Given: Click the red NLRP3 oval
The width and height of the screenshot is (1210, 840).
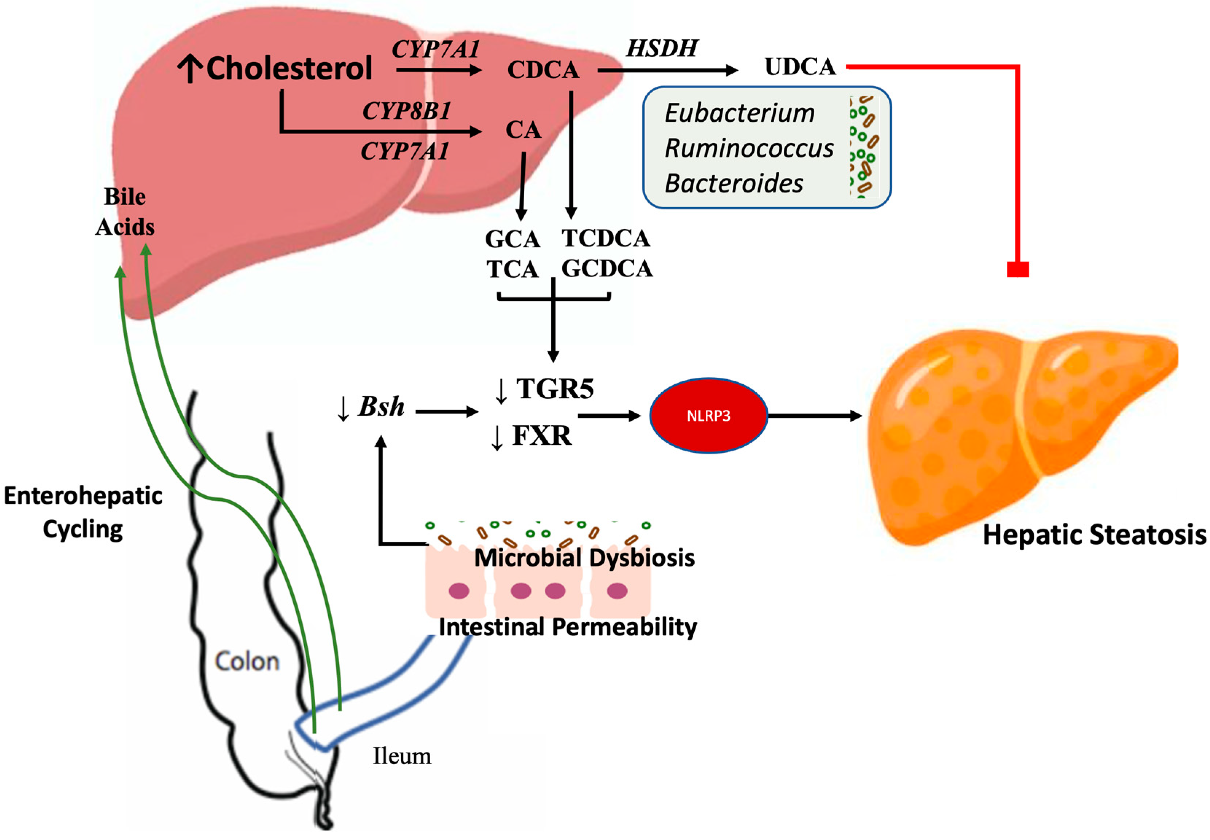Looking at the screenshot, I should (x=708, y=415).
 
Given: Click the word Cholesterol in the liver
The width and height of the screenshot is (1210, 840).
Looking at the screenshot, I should (x=289, y=68).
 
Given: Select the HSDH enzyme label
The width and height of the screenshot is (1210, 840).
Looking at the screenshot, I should (x=662, y=48).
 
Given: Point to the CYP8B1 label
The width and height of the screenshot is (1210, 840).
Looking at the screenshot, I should (x=406, y=110).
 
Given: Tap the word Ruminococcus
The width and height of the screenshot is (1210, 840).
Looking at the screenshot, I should (x=748, y=148).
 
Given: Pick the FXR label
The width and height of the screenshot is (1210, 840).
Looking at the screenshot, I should (x=541, y=436).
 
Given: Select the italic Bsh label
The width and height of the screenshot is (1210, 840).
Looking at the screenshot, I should (x=381, y=406).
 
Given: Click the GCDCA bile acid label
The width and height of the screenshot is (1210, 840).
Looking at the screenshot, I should (x=606, y=268).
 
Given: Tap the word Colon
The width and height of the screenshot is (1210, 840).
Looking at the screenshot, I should (x=247, y=661).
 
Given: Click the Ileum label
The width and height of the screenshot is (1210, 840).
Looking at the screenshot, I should (x=402, y=756).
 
